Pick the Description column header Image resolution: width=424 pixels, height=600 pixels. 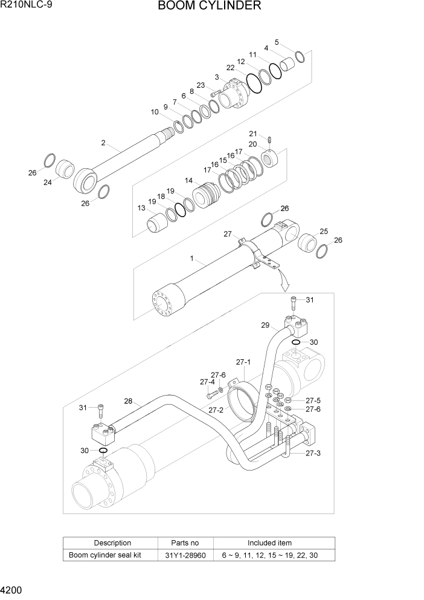coord(112,543)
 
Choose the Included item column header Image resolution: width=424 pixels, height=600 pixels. coord(269,543)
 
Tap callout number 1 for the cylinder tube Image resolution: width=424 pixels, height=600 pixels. coord(191,259)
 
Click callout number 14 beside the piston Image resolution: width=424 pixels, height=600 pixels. coord(189,180)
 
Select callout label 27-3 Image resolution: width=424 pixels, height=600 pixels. coord(312,453)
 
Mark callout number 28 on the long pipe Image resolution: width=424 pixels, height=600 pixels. coord(127,400)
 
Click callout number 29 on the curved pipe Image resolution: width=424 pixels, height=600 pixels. coord(265,325)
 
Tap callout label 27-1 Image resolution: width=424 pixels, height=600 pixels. coord(243,362)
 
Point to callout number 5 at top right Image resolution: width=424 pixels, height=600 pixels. coord(277,42)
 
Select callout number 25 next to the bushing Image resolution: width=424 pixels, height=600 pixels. coord(323,231)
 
